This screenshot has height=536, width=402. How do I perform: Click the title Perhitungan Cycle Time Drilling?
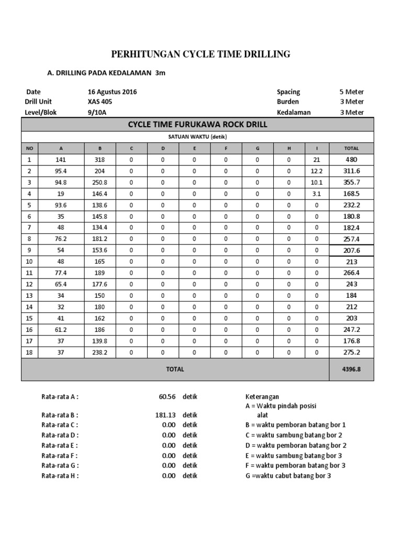201,54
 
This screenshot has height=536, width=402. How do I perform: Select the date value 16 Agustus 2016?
112,92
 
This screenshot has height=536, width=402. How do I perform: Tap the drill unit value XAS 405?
100,102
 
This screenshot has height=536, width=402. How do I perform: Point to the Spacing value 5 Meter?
351,92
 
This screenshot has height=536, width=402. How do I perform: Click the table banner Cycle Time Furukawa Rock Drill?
197,124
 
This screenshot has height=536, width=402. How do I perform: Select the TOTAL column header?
351,148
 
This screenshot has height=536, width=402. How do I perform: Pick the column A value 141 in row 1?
61,160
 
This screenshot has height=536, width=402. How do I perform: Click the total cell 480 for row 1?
351,160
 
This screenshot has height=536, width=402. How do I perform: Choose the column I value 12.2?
316,171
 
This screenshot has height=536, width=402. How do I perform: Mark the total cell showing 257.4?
351,238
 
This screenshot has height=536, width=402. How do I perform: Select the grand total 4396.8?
351,369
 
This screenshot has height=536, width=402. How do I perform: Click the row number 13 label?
29,295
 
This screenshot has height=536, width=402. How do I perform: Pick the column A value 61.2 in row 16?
61,329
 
